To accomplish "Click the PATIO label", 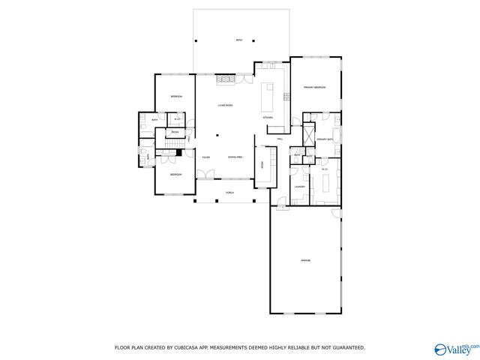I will tap(239, 40).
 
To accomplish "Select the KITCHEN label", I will tap(268, 118).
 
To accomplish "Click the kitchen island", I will tap(268, 96).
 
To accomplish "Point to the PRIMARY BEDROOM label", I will tap(314, 88).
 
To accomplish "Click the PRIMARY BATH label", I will tap(325, 139).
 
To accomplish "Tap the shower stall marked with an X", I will tap(307, 135).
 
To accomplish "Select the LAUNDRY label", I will tap(298, 186).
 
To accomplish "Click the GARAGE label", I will tap(306, 260).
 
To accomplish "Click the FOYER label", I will tap(205, 157).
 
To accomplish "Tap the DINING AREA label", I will tap(235, 157).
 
